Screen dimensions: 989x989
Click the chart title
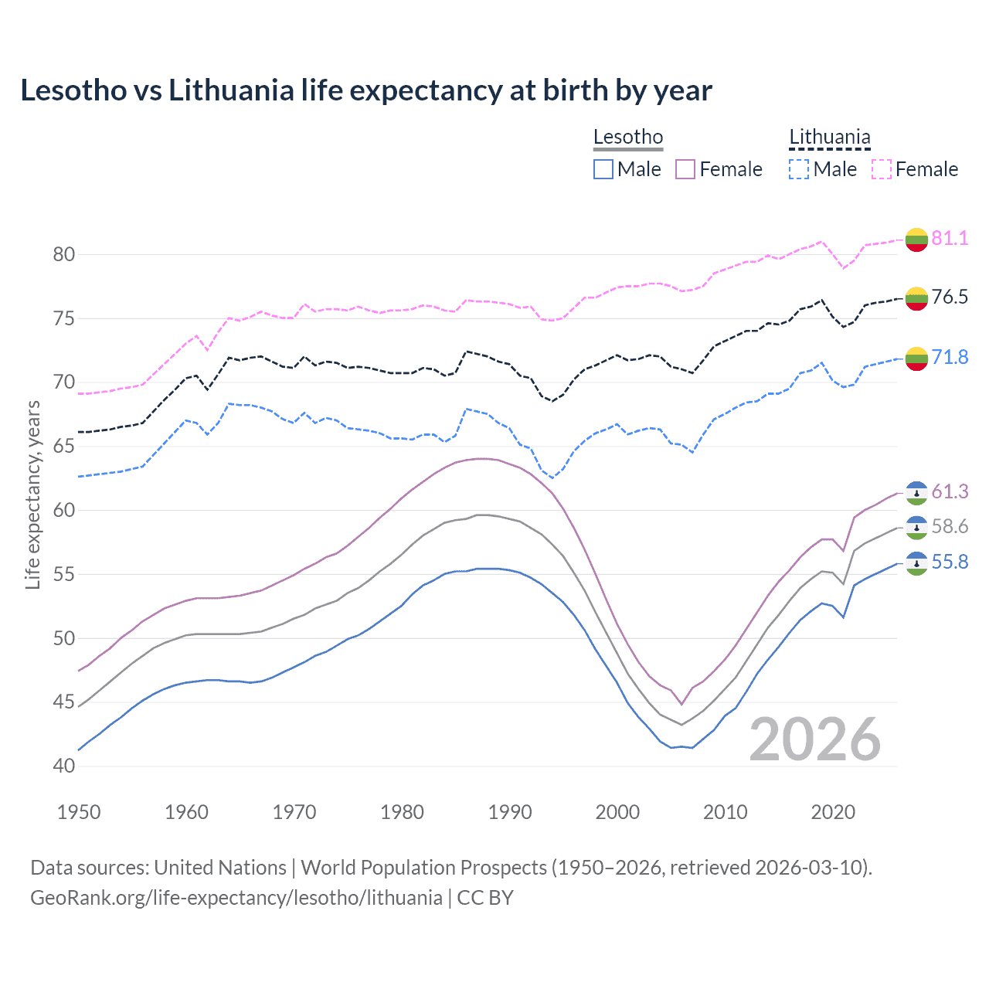[365, 90]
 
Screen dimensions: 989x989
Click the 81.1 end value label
[950, 238]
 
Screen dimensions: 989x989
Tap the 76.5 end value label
[950, 297]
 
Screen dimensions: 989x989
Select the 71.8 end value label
[950, 357]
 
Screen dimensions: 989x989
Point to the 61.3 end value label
[950, 492]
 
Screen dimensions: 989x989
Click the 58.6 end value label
[950, 527]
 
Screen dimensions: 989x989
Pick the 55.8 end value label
[950, 562]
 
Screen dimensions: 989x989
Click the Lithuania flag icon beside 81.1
[916, 239]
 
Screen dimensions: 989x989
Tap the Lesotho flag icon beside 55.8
[916, 563]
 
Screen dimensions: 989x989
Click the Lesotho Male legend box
[603, 169]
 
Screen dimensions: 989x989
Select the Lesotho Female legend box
[685, 169]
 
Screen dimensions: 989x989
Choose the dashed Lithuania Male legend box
[799, 169]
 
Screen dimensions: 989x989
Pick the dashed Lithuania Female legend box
[882, 169]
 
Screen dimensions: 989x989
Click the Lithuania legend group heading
[829, 138]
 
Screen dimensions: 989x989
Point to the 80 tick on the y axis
[64, 254]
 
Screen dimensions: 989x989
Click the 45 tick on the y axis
[64, 702]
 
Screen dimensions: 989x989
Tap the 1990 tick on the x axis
[510, 812]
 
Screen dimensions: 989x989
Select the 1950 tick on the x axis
[80, 812]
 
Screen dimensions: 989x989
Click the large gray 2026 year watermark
[815, 739]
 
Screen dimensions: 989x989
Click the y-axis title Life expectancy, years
[32, 494]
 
